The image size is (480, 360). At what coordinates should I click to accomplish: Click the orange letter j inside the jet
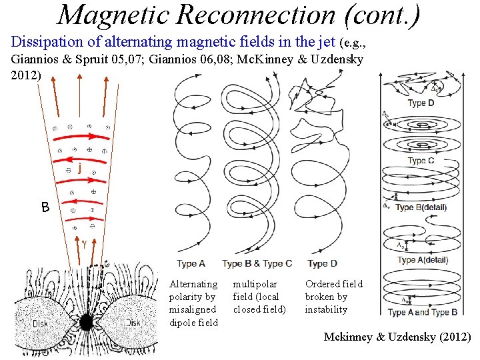click(x=80, y=169)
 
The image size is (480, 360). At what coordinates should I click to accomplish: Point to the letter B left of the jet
click(x=45, y=208)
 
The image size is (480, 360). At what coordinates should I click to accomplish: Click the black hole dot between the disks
click(x=86, y=323)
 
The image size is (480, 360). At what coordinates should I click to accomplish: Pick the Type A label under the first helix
click(x=191, y=263)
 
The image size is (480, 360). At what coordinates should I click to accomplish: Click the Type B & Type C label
click(x=257, y=263)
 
